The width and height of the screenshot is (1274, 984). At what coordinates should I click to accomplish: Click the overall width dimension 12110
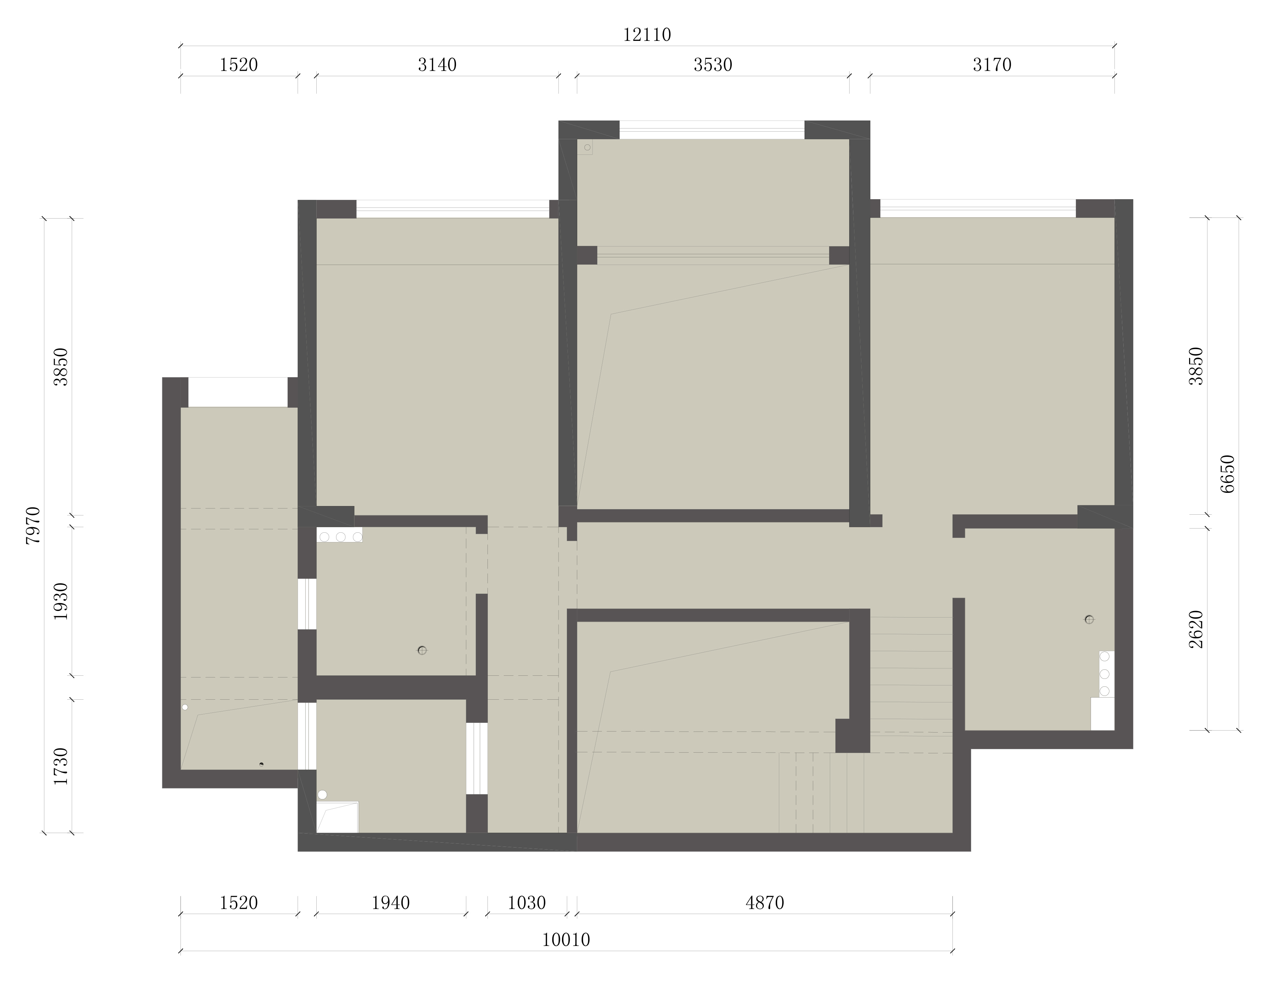coord(647,35)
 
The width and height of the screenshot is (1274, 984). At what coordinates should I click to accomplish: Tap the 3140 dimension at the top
coord(437,65)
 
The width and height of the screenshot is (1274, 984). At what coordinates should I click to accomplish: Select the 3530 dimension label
coord(712,65)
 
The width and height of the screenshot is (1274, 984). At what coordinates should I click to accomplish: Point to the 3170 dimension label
coord(992,65)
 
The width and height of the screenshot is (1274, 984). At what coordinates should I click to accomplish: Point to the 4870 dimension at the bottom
coord(765,903)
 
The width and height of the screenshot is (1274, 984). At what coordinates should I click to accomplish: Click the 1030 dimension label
coord(526,903)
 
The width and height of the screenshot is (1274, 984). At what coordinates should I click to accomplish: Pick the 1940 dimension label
coord(391,903)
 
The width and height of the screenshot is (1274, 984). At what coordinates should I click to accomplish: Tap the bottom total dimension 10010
coord(566,940)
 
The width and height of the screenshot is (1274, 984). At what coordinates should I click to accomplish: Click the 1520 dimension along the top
coord(239,65)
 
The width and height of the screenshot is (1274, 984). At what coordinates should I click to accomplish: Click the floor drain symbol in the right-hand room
coord(1089,619)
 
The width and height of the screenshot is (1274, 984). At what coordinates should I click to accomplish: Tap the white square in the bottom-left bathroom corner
coord(337,817)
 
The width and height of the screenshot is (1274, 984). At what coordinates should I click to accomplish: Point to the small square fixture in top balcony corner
coord(585,147)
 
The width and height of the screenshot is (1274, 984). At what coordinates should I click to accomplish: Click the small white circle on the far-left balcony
coord(185,707)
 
